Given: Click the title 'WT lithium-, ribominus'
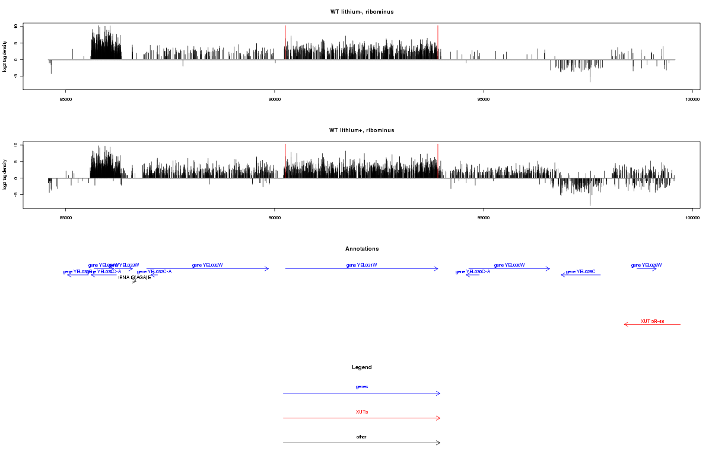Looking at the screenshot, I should tap(361, 12).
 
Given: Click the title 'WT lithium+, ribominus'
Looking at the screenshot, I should tap(361, 130).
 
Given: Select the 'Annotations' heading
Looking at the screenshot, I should tap(361, 249).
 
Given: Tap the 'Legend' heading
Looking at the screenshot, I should tap(361, 367).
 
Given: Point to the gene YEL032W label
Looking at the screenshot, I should tap(207, 265).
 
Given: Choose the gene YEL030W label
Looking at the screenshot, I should tap(509, 265).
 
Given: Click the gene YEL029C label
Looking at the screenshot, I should tap(580, 272).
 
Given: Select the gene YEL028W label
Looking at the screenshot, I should tap(646, 265).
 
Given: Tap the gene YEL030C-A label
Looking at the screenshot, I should tap(472, 272).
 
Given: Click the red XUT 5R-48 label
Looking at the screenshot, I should tap(652, 321).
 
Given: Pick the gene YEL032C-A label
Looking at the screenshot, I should tap(154, 272).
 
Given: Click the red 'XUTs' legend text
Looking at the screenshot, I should tap(361, 412).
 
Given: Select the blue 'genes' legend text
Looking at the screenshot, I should tap(361, 387).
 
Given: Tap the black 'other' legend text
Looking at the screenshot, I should tap(361, 437).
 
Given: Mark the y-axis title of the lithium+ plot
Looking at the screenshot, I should tap(5, 175).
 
